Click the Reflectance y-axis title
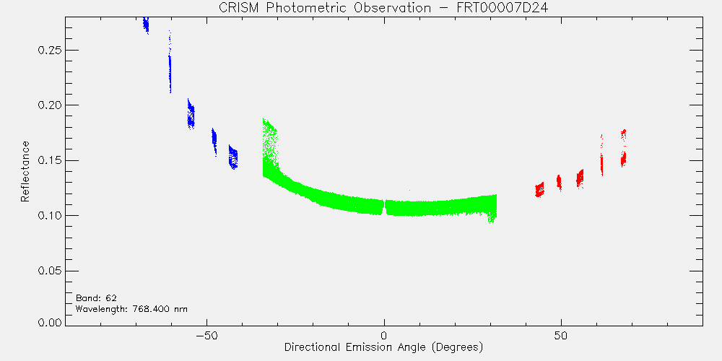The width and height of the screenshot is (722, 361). (25, 171)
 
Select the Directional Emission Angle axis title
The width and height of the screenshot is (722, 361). (383, 347)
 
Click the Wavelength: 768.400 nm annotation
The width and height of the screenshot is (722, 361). (131, 308)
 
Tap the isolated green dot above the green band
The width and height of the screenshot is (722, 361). (409, 190)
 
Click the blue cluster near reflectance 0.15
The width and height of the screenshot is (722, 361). (233, 157)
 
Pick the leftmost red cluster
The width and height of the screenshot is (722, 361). (539, 189)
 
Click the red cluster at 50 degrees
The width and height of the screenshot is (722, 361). (559, 183)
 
